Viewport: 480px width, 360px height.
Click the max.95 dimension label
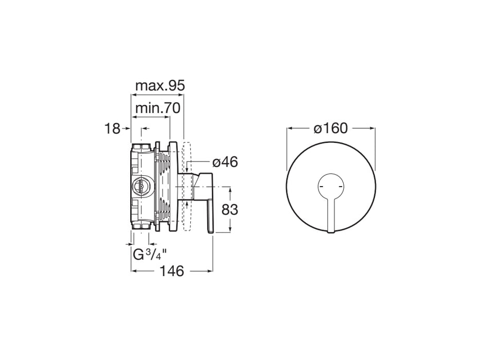click(x=159, y=86)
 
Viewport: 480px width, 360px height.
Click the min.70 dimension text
click(x=157, y=109)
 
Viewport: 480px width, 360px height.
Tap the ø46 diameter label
click(x=225, y=162)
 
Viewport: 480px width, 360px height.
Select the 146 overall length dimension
click(x=171, y=271)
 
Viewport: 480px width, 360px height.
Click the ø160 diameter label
click(x=331, y=128)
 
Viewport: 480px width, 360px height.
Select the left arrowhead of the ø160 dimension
click(x=289, y=128)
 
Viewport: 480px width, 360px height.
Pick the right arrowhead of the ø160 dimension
click(x=372, y=128)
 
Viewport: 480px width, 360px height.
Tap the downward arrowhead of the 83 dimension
click(x=230, y=230)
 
